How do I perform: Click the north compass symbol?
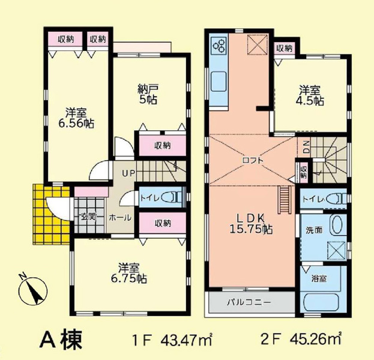click(33, 289)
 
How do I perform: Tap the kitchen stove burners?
click(219, 44)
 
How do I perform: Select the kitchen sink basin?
click(219, 81)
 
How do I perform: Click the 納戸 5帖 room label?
click(148, 94)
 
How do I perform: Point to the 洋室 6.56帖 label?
click(76, 118)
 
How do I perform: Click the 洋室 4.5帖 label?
click(310, 95)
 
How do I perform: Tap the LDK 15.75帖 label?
click(251, 223)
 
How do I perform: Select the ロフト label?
click(253, 160)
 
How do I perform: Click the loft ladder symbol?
click(285, 199)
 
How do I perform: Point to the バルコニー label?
click(249, 302)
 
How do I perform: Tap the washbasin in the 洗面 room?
click(336, 224)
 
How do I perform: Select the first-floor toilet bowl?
click(171, 197)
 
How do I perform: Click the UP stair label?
click(129, 173)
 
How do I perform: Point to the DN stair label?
click(307, 147)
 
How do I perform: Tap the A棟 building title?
click(61, 339)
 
